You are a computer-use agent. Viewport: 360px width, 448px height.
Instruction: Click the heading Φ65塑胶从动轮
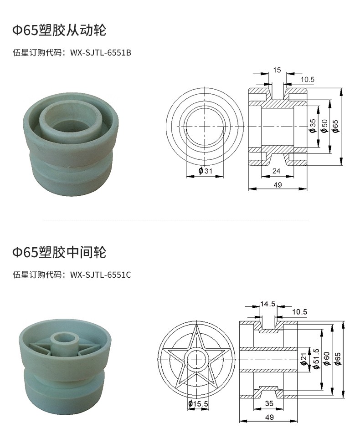pos(59,30)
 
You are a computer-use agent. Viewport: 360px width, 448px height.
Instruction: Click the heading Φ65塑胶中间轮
pos(59,252)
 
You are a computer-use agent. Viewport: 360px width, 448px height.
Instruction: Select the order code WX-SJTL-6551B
pos(101,53)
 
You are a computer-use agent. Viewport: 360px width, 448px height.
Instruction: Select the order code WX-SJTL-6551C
pos(101,275)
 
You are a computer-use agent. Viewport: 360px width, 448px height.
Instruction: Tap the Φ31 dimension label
pos(206,171)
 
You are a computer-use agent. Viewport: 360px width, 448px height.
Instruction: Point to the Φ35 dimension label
pos(312,126)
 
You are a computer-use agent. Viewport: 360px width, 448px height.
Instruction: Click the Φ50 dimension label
pos(324,126)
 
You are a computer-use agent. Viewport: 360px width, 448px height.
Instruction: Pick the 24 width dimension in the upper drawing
pos(276,171)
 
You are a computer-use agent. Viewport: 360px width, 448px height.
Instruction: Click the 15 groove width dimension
pos(277,70)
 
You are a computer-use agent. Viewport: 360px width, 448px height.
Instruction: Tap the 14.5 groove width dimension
pos(267,304)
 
